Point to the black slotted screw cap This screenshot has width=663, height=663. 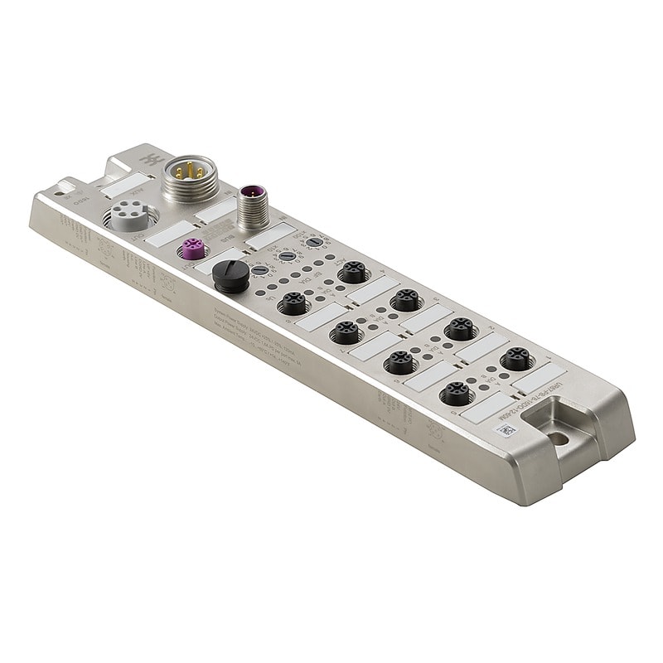point(230,275)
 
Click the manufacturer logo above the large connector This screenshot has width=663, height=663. point(152,158)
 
